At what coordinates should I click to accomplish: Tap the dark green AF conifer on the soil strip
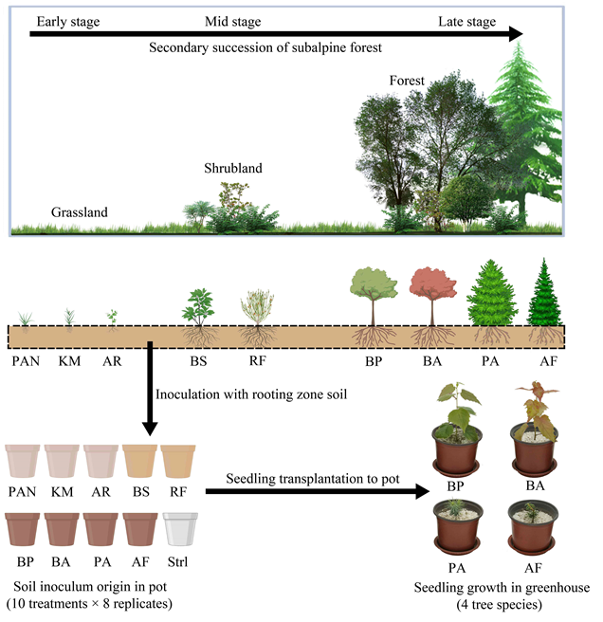(546, 299)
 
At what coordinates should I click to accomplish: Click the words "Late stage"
(466, 21)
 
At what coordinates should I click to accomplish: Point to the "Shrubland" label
(232, 169)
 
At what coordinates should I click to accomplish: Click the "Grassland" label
(80, 212)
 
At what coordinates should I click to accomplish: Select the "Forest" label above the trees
(407, 81)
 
